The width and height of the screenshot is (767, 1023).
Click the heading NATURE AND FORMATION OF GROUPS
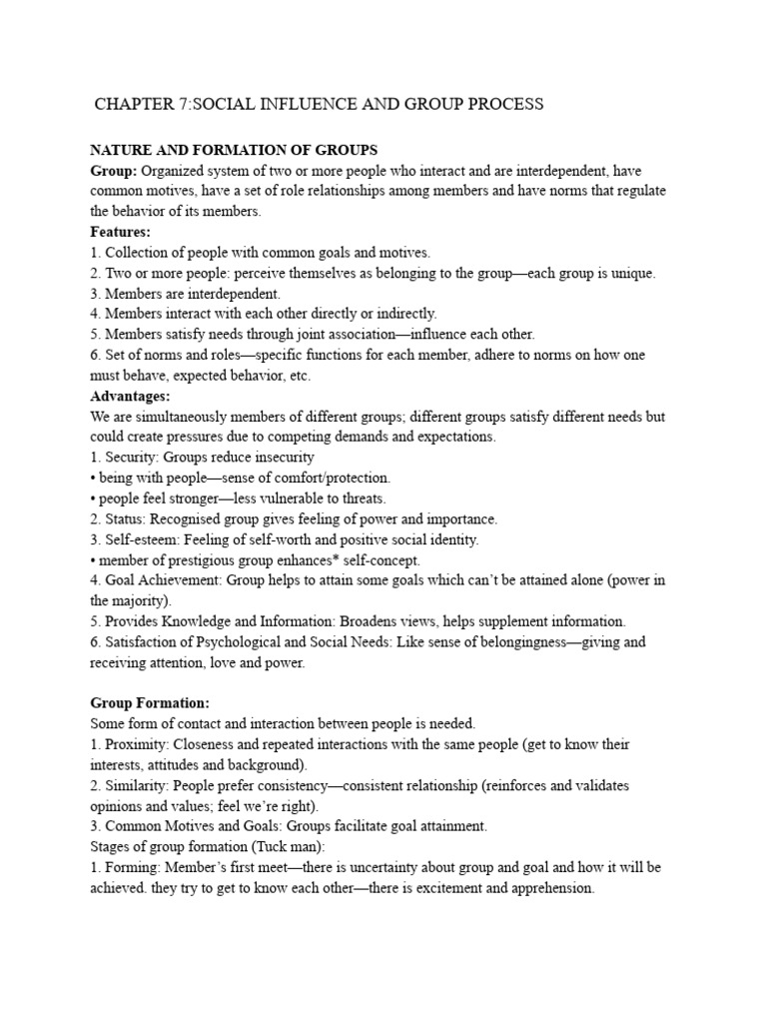234,150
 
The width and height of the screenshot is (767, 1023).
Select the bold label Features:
121,232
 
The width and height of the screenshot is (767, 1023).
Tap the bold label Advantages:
129,396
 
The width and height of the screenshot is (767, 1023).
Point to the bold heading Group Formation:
150,703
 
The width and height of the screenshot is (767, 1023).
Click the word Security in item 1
131,458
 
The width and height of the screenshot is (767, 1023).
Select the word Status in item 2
126,519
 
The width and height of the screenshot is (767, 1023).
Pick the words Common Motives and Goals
189,827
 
